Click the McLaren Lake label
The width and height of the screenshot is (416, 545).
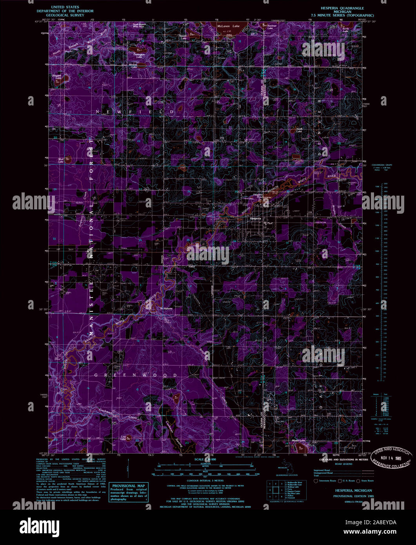pyautogui.click(x=228, y=26)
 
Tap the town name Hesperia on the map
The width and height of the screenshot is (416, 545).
pyautogui.click(x=256, y=218)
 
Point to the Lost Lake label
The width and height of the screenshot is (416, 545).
pyautogui.click(x=123, y=438)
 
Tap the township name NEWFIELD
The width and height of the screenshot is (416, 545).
pyautogui.click(x=135, y=112)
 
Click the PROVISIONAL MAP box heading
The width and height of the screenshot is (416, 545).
pyautogui.click(x=128, y=485)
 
